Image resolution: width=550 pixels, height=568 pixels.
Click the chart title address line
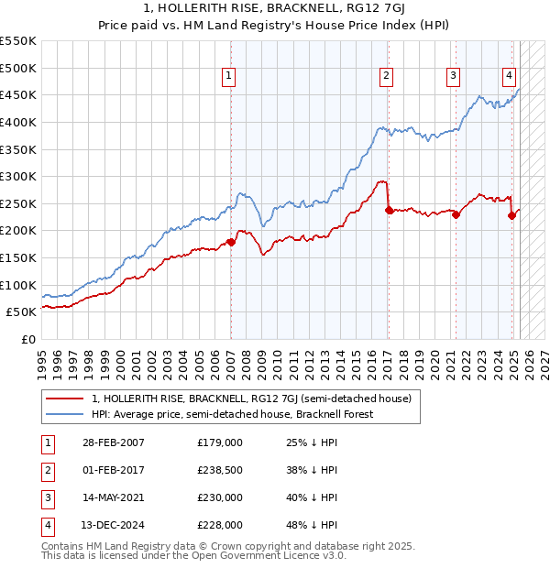[x=275, y=8]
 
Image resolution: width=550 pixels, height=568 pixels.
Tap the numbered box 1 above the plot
[x=228, y=76]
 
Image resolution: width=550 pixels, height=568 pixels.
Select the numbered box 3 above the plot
[x=453, y=76]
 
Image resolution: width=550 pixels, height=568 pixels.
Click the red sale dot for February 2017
[x=389, y=210]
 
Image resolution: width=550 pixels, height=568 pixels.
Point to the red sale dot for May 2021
[x=456, y=214]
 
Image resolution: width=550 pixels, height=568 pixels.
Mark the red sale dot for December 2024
[x=511, y=215]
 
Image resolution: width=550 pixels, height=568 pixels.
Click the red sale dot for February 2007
[x=231, y=242]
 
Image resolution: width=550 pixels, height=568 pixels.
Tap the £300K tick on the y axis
[x=20, y=176]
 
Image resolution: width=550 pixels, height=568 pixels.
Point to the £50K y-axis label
[x=24, y=312]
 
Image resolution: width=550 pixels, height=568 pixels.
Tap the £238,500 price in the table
[x=220, y=470]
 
